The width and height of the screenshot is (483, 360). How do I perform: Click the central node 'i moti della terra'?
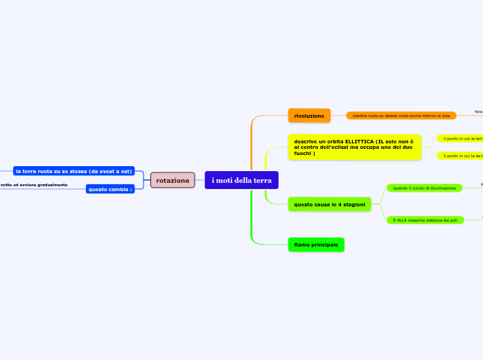(x=241, y=180)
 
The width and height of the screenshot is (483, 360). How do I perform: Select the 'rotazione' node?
(x=173, y=180)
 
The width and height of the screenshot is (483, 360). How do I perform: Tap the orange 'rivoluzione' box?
(x=309, y=116)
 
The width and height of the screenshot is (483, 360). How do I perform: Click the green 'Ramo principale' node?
(x=316, y=244)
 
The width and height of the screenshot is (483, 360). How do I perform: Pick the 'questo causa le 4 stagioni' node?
(x=329, y=204)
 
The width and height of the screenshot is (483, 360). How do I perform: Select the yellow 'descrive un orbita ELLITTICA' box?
(x=354, y=147)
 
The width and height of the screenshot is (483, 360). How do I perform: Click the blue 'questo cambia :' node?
(x=109, y=189)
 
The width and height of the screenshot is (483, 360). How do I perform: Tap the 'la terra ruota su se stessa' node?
(x=73, y=171)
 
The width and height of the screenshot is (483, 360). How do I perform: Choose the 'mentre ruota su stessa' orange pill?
(x=401, y=116)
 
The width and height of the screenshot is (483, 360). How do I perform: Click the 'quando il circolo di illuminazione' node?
(x=424, y=188)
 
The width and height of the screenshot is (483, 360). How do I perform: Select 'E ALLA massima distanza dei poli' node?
(x=425, y=220)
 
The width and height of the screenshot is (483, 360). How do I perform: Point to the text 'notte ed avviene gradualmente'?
(x=34, y=185)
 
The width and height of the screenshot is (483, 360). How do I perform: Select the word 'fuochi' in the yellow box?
(x=304, y=153)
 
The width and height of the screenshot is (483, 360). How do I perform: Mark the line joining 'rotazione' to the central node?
(x=200, y=180)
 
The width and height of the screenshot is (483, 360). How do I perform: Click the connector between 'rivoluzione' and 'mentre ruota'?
(x=338, y=116)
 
